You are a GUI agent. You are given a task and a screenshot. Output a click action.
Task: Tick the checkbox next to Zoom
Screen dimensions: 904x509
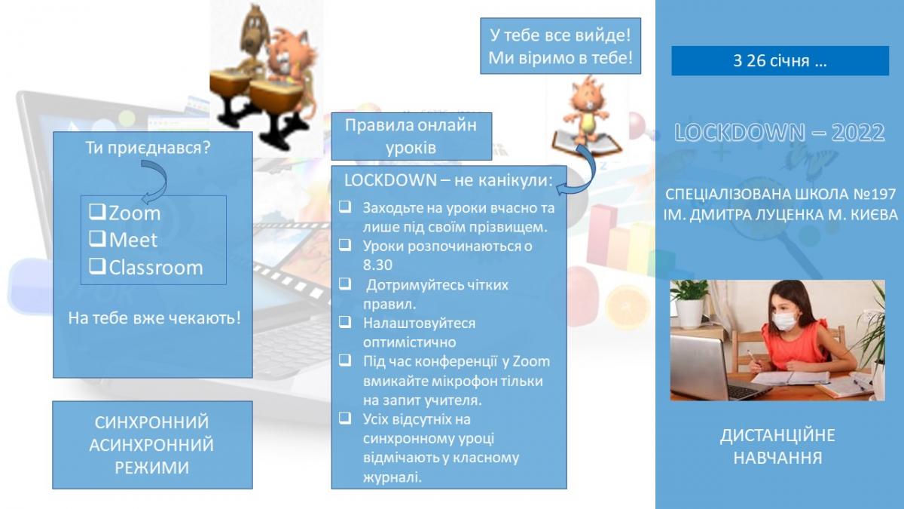point(97,212)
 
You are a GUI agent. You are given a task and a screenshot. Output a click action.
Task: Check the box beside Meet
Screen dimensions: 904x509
point(97,239)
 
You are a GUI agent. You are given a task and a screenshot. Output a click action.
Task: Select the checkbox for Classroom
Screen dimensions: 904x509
point(97,265)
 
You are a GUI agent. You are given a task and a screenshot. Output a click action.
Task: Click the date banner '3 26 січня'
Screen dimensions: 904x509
point(780,60)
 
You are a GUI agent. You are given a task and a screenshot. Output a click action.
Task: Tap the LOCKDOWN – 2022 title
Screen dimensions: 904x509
point(780,132)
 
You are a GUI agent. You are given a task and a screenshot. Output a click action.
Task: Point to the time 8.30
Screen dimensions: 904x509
point(377,265)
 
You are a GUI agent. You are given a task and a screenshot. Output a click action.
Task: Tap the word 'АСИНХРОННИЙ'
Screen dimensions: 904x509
point(151,445)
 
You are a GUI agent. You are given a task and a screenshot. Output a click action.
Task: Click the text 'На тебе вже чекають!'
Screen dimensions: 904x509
point(154,318)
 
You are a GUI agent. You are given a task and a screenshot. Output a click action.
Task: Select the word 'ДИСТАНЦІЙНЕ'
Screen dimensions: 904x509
point(777,436)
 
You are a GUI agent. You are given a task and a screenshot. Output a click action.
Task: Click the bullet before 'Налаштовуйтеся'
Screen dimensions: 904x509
point(345,322)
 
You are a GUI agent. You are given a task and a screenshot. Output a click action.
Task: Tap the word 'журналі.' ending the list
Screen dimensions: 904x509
point(392,477)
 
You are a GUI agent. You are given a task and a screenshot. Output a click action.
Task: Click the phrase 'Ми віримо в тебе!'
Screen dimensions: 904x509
point(560,58)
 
